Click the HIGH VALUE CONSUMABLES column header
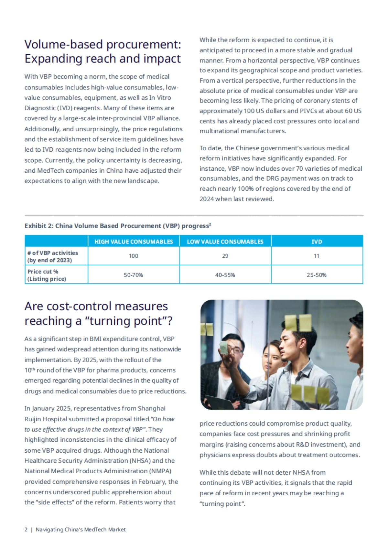pyautogui.click(x=134, y=242)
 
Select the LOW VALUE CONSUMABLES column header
pyautogui.click(x=225, y=242)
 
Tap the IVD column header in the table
pyautogui.click(x=317, y=242)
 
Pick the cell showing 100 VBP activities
pyautogui.click(x=134, y=256)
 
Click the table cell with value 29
pyautogui.click(x=225, y=256)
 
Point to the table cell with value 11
pyautogui.click(x=317, y=256)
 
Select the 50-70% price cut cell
pyautogui.click(x=134, y=275)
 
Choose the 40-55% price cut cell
pyautogui.click(x=225, y=275)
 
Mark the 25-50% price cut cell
pyautogui.click(x=317, y=275)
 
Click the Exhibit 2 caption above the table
pyautogui.click(x=118, y=226)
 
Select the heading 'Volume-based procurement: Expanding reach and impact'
pyautogui.click(x=103, y=52)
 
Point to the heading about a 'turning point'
pyautogui.click(x=98, y=313)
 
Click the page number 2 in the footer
pyautogui.click(x=26, y=530)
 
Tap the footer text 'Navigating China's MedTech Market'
pyautogui.click(x=81, y=530)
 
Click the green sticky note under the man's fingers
pyautogui.click(x=224, y=347)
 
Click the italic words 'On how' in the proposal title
pyautogui.click(x=164, y=419)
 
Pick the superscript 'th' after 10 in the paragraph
pyautogui.click(x=33, y=369)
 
